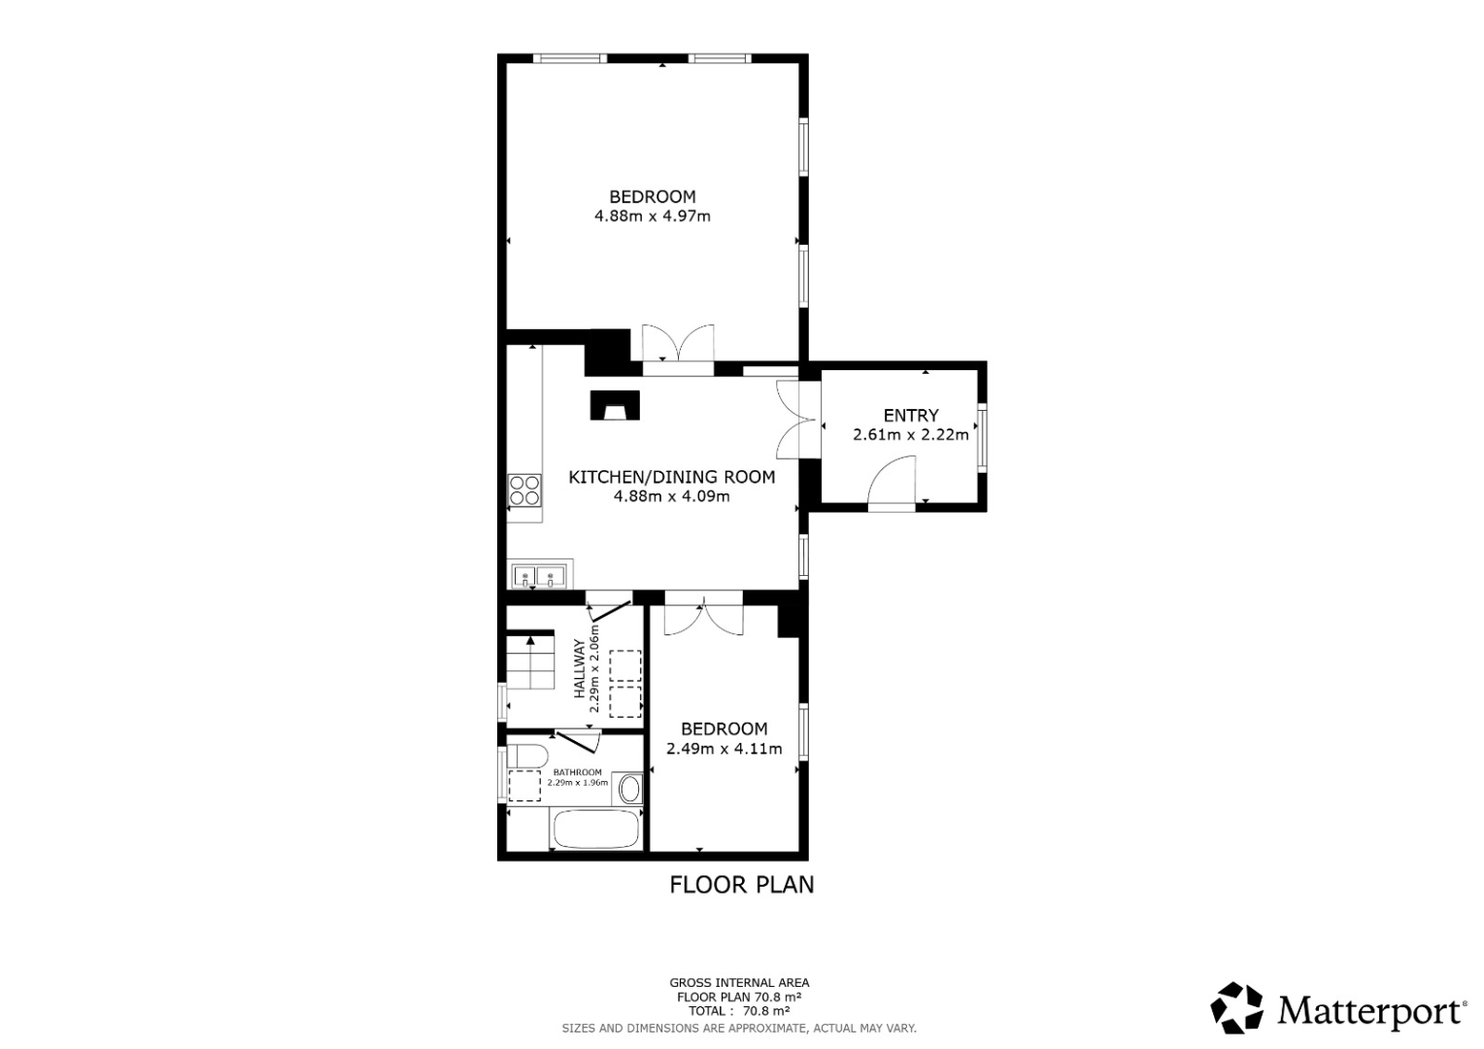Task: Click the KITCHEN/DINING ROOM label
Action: coord(672,477)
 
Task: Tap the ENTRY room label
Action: coord(911,416)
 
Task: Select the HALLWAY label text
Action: coord(581,668)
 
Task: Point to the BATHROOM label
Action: coord(578,772)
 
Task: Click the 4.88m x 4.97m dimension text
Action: coord(653,216)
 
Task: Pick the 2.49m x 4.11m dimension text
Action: coord(725,749)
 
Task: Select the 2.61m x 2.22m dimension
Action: coord(911,435)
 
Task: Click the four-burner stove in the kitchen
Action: coord(524,491)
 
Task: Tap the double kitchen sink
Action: coord(538,575)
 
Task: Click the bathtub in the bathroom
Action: coord(595,829)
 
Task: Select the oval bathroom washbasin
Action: coord(628,790)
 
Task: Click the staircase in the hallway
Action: coord(530,662)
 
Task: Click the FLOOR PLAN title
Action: coord(741,885)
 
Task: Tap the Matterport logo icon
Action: coord(1237,1008)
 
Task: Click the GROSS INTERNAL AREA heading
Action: coord(739,983)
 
